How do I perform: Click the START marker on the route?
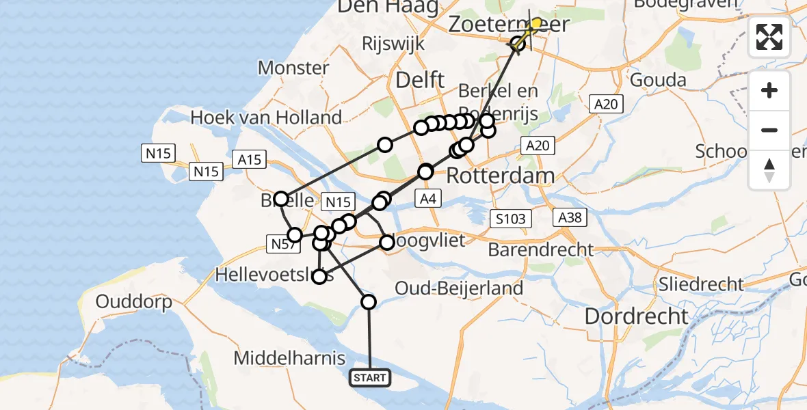[x=370, y=377]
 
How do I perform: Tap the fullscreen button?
[x=769, y=37]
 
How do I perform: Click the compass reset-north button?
[x=769, y=170]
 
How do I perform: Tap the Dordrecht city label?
[x=637, y=316]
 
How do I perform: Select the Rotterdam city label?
[x=501, y=176]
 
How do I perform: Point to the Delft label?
[x=421, y=81]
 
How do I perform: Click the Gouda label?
[x=658, y=80]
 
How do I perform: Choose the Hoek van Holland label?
[x=266, y=118]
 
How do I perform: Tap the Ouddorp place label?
[x=133, y=301]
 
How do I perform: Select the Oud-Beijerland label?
[x=459, y=288]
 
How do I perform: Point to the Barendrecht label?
[x=541, y=249]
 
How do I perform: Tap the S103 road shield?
[x=511, y=219]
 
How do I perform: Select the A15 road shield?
[x=250, y=160]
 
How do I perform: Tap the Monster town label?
[x=293, y=68]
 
